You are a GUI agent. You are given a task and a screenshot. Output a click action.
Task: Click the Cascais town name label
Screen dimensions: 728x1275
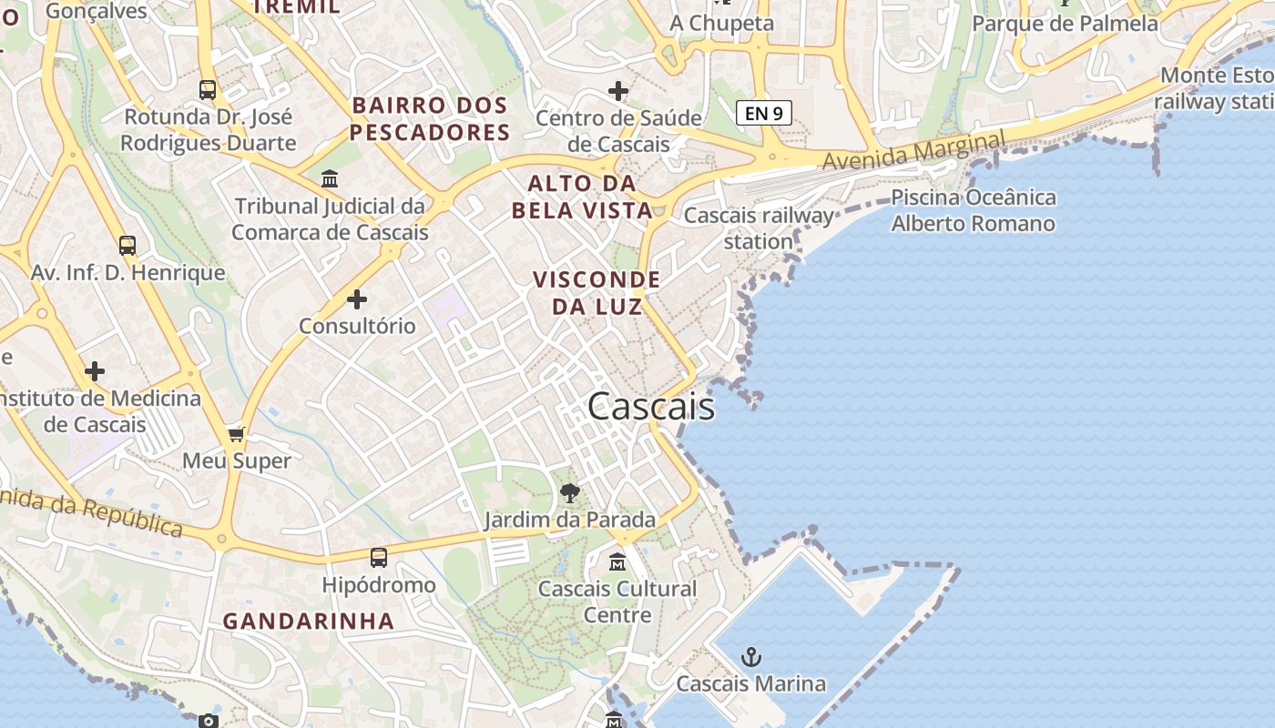(x=651, y=407)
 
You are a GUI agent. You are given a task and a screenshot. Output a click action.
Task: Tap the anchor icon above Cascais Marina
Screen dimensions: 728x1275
(x=750, y=657)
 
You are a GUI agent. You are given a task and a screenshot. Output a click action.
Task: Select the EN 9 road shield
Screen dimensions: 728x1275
(x=763, y=113)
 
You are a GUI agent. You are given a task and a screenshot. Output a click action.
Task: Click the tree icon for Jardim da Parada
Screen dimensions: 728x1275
(x=570, y=494)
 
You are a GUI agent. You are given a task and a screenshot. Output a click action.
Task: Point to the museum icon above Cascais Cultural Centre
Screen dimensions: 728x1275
(x=617, y=561)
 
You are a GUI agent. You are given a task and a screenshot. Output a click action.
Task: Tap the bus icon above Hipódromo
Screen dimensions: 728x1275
(x=379, y=558)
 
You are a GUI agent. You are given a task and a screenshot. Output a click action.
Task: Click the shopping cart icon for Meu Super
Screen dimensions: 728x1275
(x=237, y=435)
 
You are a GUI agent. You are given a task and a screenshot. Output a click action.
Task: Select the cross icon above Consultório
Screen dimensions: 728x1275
(x=357, y=298)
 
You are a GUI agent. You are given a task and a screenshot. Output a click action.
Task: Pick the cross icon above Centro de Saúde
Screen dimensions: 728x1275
(x=618, y=91)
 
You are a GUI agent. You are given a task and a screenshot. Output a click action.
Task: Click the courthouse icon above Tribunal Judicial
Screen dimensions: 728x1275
(x=330, y=178)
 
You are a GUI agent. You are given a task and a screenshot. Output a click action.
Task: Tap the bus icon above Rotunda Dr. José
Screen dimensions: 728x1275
(x=208, y=90)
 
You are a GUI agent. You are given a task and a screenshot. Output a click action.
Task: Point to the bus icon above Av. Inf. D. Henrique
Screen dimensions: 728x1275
(x=127, y=246)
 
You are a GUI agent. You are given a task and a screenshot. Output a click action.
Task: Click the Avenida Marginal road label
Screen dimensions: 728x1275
(x=914, y=150)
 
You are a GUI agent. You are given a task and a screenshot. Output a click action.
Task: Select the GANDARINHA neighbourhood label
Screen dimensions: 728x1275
(x=309, y=622)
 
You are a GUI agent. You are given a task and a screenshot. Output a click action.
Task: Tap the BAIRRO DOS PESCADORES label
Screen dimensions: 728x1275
(x=429, y=119)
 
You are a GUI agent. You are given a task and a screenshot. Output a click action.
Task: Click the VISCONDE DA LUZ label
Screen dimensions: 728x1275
(x=597, y=293)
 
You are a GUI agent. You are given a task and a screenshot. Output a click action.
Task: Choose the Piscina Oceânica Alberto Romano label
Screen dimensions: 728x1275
(x=974, y=210)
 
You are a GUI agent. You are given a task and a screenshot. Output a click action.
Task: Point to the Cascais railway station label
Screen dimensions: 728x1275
(x=759, y=228)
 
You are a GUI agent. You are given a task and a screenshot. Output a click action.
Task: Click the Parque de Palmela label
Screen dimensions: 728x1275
(x=1066, y=24)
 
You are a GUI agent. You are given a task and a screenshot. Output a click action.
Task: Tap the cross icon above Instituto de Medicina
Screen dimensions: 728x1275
(x=95, y=371)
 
